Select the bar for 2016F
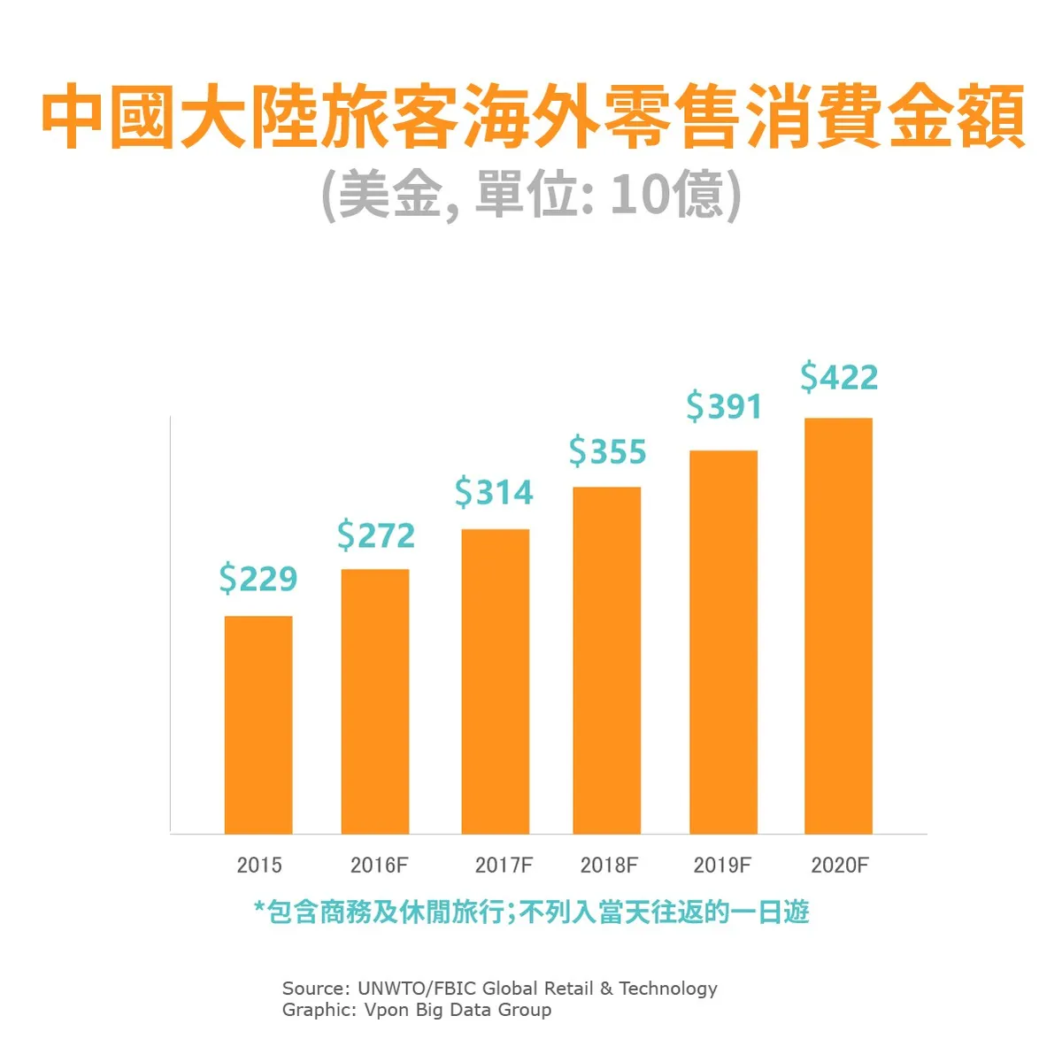375,701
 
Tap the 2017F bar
496,681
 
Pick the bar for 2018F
607,659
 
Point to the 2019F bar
724,642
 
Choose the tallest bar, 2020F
838,625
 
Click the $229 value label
258,579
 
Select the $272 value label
376,536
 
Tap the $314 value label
495,493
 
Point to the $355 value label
608,452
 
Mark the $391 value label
724,407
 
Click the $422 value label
839,378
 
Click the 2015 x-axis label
259,865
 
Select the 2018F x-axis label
609,865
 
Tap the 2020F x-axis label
840,865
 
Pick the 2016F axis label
380,865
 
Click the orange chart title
532,117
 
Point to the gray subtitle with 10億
531,194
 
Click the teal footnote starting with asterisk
531,912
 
